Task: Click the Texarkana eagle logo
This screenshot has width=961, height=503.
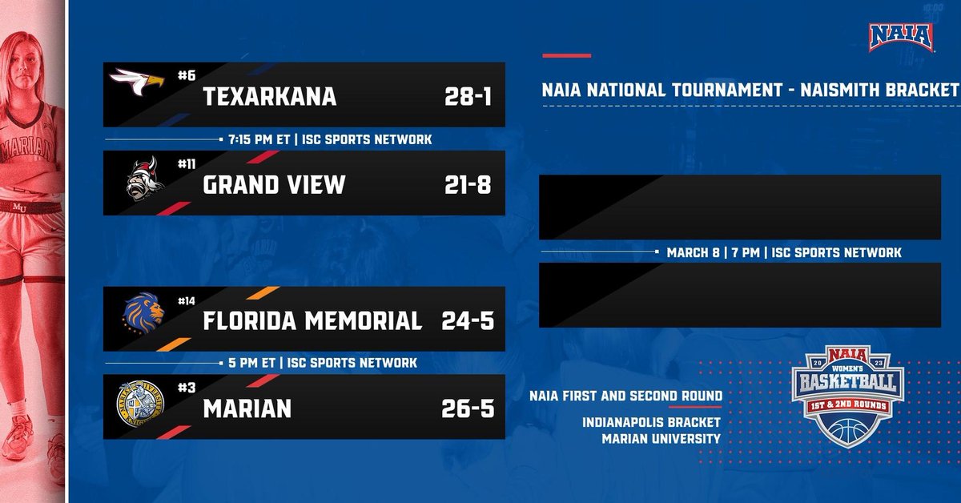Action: point(137,80)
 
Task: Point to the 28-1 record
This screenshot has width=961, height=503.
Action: point(468,97)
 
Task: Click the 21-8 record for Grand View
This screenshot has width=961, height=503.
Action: point(468,185)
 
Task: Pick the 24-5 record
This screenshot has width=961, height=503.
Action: point(468,321)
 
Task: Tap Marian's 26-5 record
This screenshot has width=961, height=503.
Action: point(468,409)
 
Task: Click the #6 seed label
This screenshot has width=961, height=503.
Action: point(187,75)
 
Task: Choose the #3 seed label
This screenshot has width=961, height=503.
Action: point(187,388)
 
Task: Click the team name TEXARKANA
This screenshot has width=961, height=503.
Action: point(269,97)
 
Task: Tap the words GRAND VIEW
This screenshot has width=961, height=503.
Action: point(274,185)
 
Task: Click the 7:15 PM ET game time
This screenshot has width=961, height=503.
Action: point(257,139)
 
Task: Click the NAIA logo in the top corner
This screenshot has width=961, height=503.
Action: point(903,37)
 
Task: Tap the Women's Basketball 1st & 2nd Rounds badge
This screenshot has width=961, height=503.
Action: point(848,397)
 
